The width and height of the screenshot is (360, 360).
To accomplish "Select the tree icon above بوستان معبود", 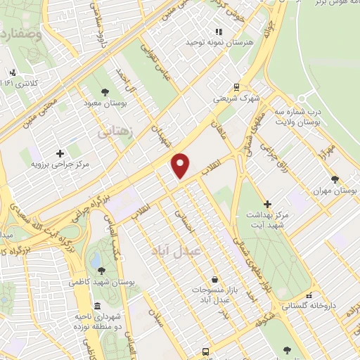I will [105, 91].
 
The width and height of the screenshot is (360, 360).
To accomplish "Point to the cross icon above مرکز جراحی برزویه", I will [60, 153].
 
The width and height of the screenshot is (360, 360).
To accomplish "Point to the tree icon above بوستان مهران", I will [335, 180].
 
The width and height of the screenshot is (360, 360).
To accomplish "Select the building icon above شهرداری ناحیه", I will [96, 307].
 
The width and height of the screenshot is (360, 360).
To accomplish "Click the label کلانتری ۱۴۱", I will [20, 83].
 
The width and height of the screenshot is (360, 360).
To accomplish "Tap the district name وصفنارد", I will [21, 33].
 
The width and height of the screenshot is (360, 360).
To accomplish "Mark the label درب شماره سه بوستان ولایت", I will [297, 117].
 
